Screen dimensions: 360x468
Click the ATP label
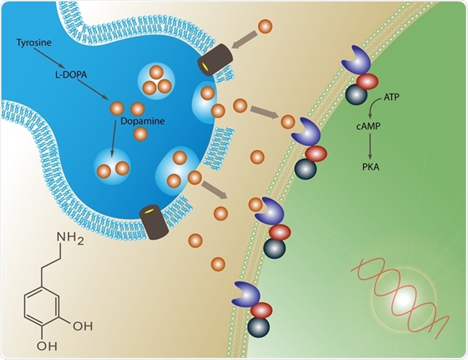(x=393, y=99)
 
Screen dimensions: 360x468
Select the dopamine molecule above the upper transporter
(x=265, y=27)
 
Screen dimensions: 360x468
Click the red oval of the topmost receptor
(x=366, y=81)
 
